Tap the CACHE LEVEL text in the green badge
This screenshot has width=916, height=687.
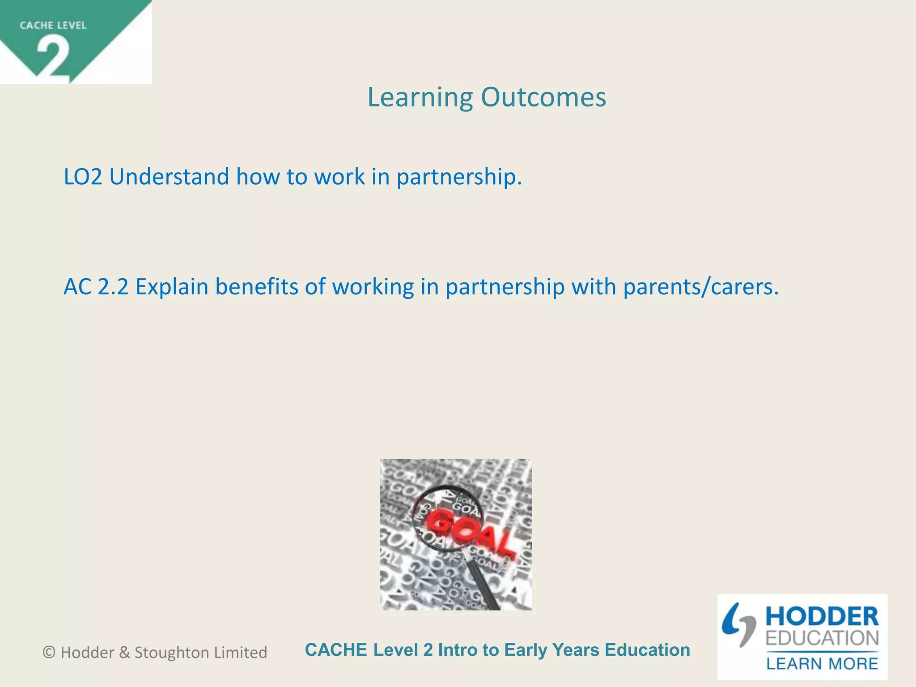pos(53,25)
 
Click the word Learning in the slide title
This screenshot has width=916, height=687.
pos(420,98)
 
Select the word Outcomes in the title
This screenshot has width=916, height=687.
pos(543,97)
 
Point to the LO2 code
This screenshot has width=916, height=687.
pos(83,177)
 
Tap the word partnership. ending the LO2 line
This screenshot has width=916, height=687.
pos(459,177)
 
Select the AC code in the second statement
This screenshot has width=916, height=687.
pos(78,287)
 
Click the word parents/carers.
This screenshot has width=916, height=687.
pos(701,287)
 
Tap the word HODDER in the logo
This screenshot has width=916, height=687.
pos(822,617)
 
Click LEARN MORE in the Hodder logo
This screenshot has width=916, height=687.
pos(822,664)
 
